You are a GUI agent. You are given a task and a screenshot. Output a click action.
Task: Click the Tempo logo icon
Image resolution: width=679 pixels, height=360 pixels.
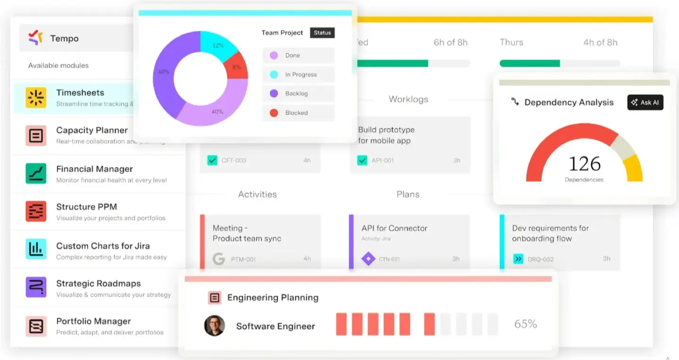click(35, 38)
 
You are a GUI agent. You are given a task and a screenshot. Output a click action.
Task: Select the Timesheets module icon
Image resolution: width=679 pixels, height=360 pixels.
click(36, 97)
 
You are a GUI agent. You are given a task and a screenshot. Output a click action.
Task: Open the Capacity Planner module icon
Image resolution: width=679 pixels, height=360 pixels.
click(36, 136)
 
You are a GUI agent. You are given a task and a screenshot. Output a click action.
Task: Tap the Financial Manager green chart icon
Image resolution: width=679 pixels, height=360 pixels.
click(36, 174)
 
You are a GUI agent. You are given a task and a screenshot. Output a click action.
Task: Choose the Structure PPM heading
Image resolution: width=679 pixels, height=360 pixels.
click(86, 207)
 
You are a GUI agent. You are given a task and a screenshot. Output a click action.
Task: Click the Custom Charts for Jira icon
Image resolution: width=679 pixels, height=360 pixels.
click(36, 249)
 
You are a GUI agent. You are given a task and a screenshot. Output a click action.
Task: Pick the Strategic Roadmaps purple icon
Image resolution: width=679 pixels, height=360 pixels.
click(36, 287)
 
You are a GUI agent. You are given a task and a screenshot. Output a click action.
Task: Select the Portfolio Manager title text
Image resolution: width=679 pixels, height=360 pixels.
click(93, 321)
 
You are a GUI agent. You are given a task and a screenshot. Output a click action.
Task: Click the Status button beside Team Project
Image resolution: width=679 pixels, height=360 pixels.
click(323, 33)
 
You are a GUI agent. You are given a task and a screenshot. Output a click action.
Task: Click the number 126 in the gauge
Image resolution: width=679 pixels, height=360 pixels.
click(584, 164)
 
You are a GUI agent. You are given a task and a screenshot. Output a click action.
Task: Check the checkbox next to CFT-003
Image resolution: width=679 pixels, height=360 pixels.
click(212, 160)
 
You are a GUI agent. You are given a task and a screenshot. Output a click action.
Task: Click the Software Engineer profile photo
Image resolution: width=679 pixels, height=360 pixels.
click(214, 326)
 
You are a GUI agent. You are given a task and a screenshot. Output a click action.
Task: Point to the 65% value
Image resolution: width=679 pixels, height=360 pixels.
click(525, 324)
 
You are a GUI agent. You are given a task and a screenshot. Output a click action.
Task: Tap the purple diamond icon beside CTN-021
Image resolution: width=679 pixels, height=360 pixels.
click(368, 259)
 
